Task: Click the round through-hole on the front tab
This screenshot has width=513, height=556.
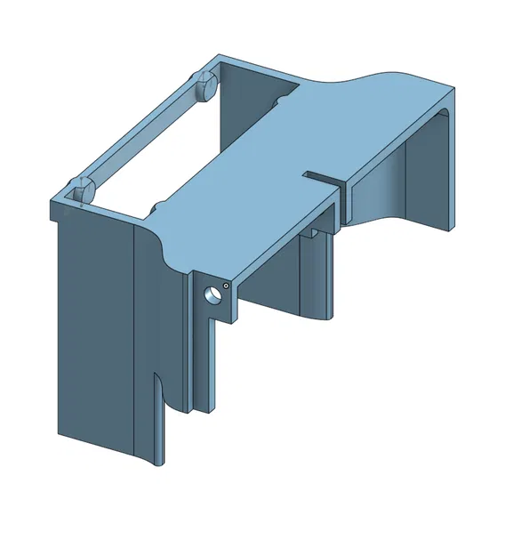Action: click(x=212, y=294)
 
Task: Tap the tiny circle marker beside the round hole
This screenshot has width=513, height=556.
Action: click(x=227, y=286)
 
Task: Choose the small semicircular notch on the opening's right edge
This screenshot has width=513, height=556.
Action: click(x=280, y=102)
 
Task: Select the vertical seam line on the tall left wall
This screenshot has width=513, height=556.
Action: click(x=133, y=338)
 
